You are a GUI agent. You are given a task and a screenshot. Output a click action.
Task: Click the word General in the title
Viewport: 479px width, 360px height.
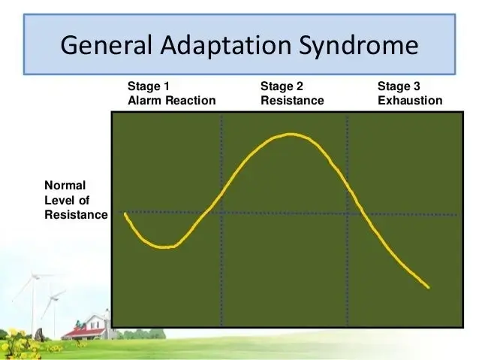(x=106, y=45)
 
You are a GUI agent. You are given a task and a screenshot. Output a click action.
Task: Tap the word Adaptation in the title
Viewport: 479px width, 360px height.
(x=226, y=45)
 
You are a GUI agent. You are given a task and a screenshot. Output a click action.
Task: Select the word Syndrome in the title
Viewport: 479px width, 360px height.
(x=358, y=46)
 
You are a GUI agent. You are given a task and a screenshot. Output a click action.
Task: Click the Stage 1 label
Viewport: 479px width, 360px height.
(x=149, y=86)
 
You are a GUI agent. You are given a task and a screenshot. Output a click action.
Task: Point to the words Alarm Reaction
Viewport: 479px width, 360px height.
(x=172, y=100)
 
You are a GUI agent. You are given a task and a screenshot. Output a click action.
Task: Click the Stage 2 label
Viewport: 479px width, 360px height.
(x=282, y=86)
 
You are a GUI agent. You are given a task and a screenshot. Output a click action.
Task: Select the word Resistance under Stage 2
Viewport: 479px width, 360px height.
(x=292, y=100)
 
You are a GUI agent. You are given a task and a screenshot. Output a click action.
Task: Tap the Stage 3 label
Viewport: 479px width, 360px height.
(x=399, y=86)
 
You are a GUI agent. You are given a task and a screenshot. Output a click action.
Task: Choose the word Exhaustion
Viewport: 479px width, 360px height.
(x=410, y=100)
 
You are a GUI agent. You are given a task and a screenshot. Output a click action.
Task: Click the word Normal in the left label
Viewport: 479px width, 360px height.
(x=65, y=186)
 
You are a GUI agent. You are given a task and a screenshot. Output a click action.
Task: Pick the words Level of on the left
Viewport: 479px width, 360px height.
(x=67, y=201)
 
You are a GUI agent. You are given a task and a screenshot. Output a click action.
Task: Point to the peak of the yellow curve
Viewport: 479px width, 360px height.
(x=291, y=134)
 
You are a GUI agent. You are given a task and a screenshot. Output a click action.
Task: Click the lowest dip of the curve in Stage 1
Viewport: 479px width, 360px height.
(x=164, y=247)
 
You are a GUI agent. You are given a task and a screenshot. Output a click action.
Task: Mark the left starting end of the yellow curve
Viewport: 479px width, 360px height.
(x=125, y=213)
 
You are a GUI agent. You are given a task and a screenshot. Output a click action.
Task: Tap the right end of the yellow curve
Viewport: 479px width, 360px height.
(x=428, y=287)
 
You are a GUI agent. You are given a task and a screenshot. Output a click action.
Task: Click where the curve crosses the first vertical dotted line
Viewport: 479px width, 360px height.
(x=221, y=193)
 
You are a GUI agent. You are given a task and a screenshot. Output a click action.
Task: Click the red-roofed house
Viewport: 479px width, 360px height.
(x=87, y=327)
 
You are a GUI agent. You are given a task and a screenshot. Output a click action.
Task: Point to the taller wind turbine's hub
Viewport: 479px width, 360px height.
(x=34, y=276)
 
